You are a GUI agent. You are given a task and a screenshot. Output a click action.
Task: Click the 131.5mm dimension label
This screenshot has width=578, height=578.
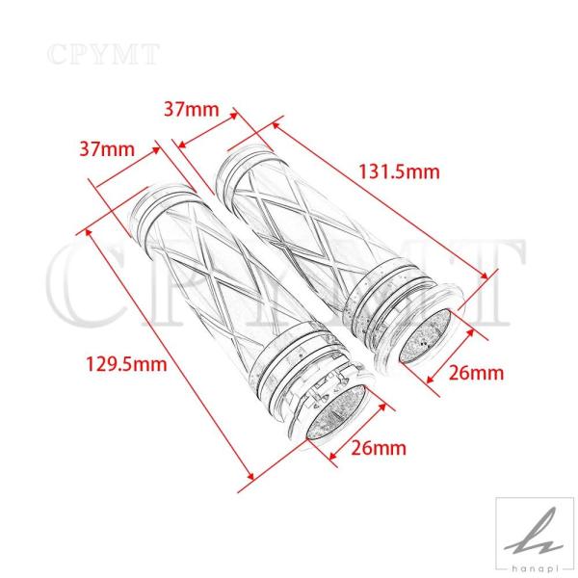[x=399, y=172]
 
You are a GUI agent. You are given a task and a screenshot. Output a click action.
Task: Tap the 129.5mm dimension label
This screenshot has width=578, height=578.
[x=126, y=364]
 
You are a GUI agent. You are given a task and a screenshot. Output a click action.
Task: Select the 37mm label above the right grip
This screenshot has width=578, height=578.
[x=192, y=110]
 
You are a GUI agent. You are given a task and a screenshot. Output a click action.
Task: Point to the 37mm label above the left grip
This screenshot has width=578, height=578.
[x=107, y=149]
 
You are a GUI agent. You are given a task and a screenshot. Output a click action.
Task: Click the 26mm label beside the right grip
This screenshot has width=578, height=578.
[x=476, y=373]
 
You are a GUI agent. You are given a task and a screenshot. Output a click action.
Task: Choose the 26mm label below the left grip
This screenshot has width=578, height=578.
[x=379, y=448]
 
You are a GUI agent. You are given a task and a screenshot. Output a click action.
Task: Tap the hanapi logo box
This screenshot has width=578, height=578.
[x=535, y=538]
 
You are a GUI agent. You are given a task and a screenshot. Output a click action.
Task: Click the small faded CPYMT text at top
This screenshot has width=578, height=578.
[x=104, y=54]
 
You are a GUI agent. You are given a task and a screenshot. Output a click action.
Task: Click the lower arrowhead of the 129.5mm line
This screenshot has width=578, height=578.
[x=251, y=476]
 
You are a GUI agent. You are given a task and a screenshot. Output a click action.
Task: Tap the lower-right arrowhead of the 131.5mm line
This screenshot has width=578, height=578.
[x=484, y=276]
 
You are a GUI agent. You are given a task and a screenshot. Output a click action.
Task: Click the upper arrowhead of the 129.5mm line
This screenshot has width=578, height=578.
[x=89, y=233]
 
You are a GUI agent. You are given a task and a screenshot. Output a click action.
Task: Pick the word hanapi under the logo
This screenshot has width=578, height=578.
[x=535, y=569]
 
